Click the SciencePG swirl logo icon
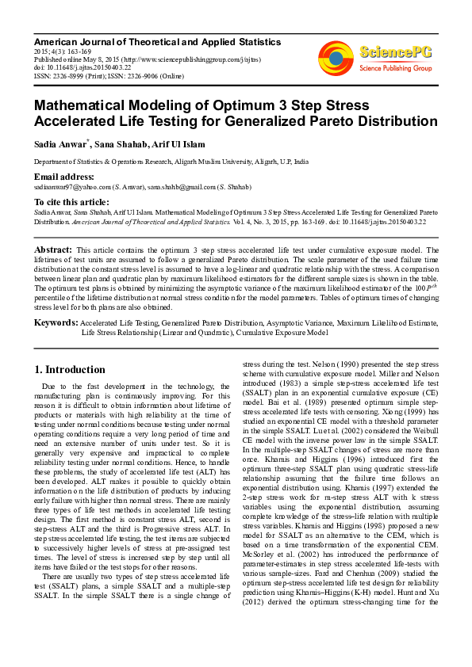pyautogui.click(x=336, y=59)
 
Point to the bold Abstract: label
pyautogui.click(x=53, y=249)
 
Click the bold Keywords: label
pyautogui.click(x=56, y=323)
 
